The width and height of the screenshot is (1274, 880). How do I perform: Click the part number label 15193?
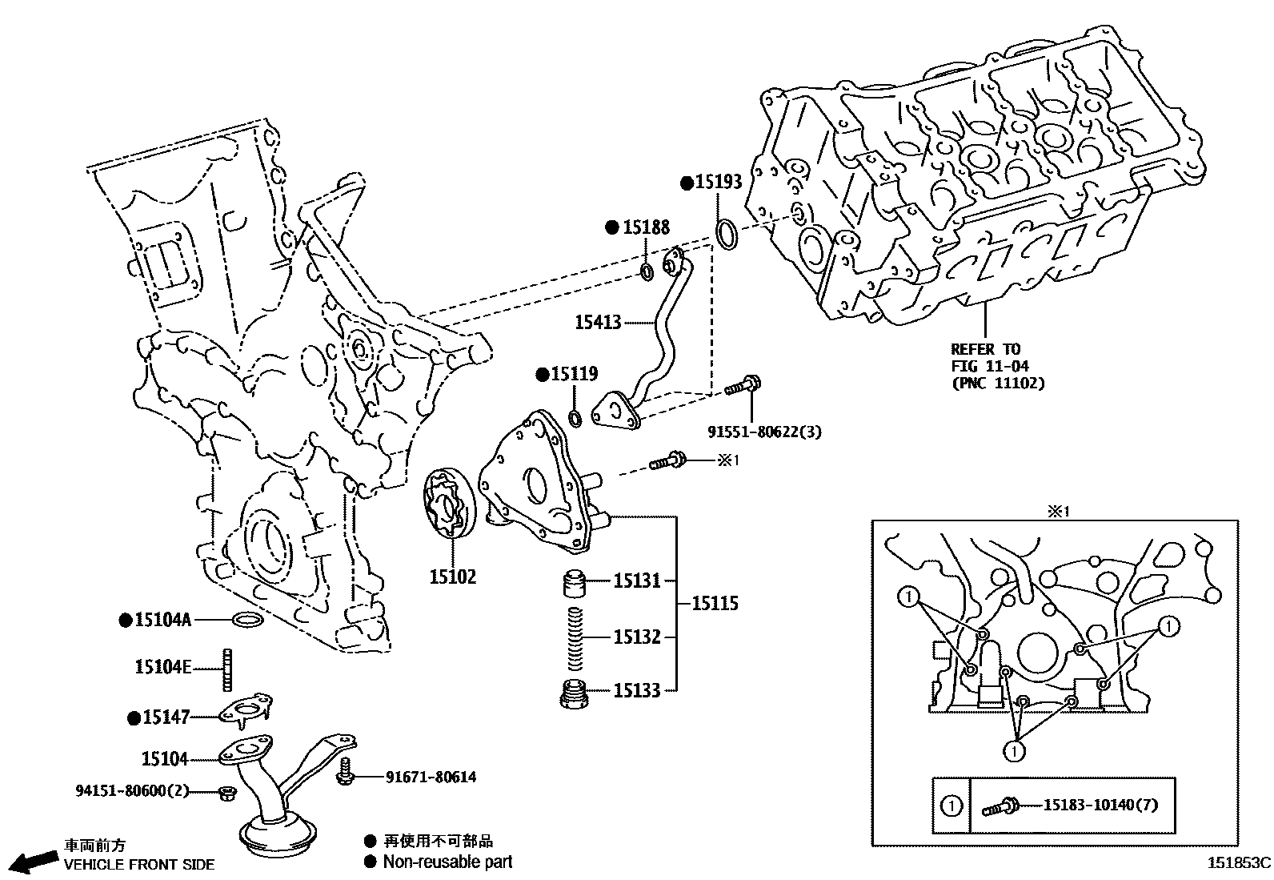pos(718,183)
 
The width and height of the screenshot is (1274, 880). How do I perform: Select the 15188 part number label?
pos(646,227)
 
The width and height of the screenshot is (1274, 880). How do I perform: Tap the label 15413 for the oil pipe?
pos(598,323)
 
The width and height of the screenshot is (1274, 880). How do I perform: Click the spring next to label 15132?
pos(575,637)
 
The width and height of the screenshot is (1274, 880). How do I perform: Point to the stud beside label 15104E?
pos(226,669)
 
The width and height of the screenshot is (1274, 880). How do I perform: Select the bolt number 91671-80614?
pos(431,777)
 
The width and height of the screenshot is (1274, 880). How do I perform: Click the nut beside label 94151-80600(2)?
pos(226,793)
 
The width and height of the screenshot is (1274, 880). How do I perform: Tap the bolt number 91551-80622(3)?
pos(764,432)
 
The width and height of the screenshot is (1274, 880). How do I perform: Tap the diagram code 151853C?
pos(1240,864)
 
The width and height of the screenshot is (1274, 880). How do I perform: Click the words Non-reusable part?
pos(447,862)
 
